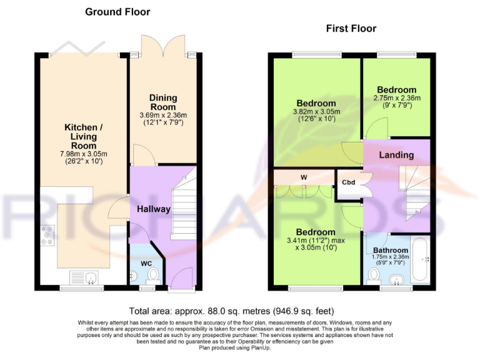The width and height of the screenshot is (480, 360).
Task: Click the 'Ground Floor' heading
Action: (117, 12)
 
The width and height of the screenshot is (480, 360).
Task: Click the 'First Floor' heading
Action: (351, 28)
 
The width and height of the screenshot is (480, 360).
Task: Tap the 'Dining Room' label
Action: (163, 102)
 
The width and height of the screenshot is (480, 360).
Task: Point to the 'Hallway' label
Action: (154, 209)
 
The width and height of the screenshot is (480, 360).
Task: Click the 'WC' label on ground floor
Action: (146, 262)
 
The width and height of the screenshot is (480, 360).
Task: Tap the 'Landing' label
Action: (397, 154)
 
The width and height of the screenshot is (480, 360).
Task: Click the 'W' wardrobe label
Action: (304, 177)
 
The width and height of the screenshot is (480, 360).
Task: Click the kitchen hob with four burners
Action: (47, 236)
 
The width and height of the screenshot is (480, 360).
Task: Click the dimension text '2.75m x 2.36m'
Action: (397, 98)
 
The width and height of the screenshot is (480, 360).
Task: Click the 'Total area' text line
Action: (231, 311)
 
